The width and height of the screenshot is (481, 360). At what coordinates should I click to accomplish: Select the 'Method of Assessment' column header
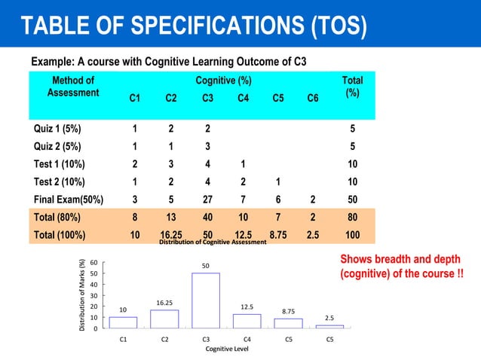[73, 87]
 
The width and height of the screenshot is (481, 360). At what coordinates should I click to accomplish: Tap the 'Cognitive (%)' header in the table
[224, 81]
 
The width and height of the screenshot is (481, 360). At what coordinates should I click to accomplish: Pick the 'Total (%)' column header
[352, 87]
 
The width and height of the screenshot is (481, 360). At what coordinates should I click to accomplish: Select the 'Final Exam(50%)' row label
[67, 200]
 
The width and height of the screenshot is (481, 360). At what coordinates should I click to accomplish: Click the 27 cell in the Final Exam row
[207, 200]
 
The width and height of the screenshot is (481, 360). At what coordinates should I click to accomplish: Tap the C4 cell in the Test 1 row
[243, 164]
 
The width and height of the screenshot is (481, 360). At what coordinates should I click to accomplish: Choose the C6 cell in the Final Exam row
[313, 200]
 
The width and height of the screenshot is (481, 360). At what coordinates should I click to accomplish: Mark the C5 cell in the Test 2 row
[278, 182]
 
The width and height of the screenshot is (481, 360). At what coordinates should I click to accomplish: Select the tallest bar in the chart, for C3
[206, 300]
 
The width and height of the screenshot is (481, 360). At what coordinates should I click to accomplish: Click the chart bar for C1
[123, 322]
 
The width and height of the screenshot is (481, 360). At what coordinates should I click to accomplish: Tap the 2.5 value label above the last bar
[329, 318]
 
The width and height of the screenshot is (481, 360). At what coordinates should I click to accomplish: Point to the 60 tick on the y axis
[93, 262]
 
